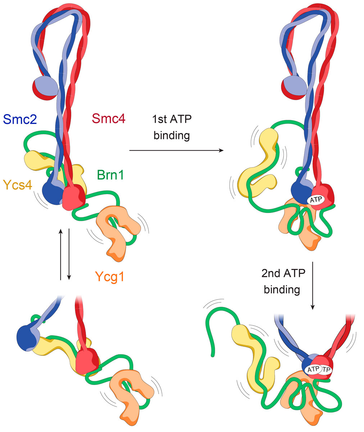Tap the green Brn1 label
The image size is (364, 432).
point(110,175)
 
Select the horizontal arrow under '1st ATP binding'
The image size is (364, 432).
point(176,151)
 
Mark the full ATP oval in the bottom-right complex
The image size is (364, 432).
point(312,369)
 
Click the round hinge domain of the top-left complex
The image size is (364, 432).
point(45,87)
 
